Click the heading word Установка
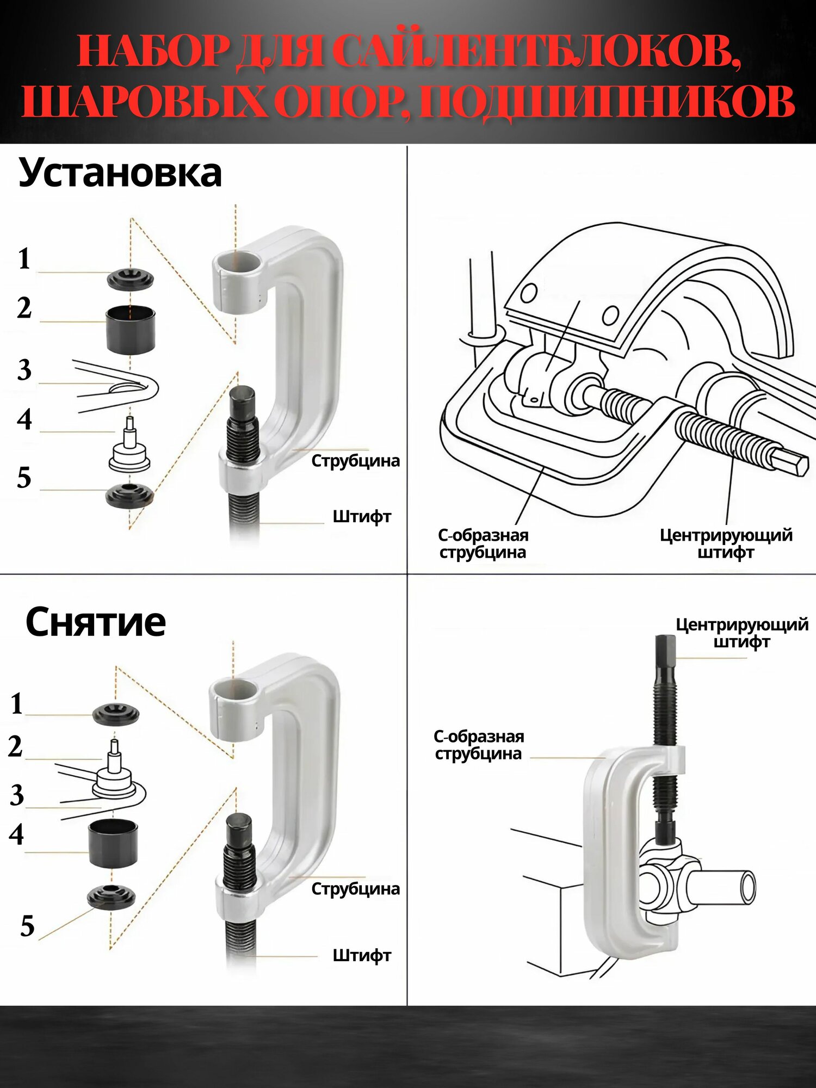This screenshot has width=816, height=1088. pos(120,173)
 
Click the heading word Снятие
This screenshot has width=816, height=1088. pos(96,622)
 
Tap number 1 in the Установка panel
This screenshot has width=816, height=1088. pos(24,258)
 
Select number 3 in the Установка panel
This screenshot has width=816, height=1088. pos(24,370)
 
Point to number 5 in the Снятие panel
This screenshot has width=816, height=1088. pos(27,925)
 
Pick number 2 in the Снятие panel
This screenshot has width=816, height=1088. pos(16,746)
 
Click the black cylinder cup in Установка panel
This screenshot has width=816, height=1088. pos(130,330)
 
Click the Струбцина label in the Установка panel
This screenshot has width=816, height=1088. pos(355,461)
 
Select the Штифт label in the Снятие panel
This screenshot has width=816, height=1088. pos(362,955)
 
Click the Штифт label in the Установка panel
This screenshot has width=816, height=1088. pos(362,516)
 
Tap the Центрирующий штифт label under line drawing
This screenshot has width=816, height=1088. pos(726,543)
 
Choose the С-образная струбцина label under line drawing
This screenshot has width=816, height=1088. pos(483,543)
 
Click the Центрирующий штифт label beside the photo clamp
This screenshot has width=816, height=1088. pos(741,633)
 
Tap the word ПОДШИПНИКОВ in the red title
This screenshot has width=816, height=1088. pos(607,102)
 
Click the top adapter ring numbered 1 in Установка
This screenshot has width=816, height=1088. pos(130,280)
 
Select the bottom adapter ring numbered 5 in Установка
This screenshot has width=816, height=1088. pos(129,494)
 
